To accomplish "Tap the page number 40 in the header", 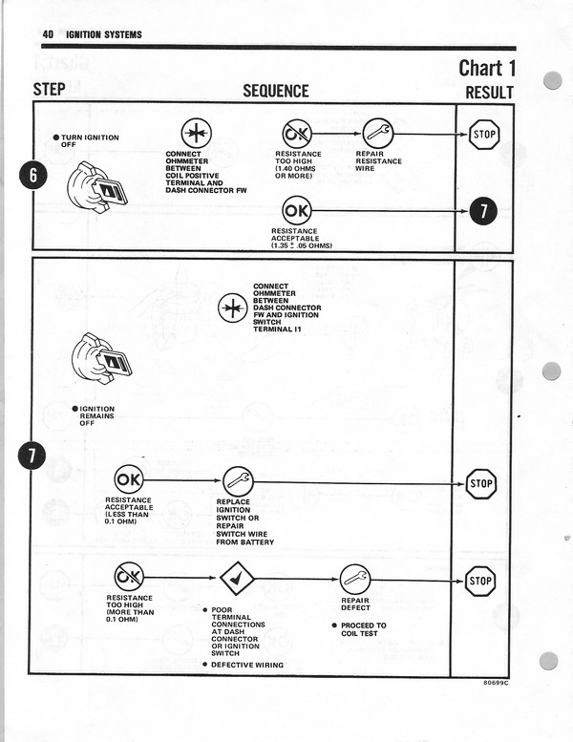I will (x=47, y=34).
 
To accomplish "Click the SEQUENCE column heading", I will (x=276, y=91).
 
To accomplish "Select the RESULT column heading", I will (x=489, y=93).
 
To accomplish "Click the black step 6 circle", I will (x=32, y=178).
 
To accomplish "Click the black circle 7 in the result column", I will (x=483, y=212).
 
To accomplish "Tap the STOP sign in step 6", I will (x=484, y=134).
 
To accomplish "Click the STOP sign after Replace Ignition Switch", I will (x=481, y=483).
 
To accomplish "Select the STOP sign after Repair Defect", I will (x=481, y=580).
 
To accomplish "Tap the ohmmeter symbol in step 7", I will (x=232, y=307).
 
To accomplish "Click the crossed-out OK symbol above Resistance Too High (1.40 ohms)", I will (x=297, y=134).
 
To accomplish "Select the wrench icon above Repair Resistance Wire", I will (x=378, y=133).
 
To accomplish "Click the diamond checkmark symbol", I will (x=236, y=579).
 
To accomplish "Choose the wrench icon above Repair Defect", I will (x=354, y=579).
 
